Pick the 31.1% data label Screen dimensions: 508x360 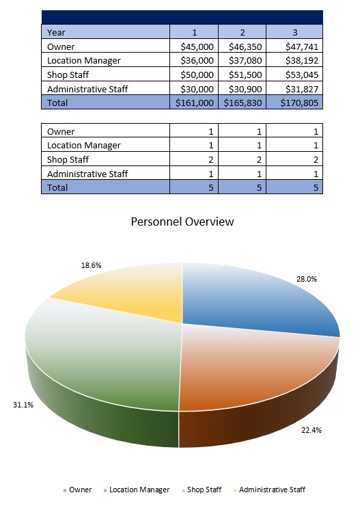point(24,405)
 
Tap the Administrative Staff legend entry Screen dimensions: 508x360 point(271,490)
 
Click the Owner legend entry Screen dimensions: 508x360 point(80,490)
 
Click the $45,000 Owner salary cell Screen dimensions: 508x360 point(195,46)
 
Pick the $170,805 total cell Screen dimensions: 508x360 point(294,103)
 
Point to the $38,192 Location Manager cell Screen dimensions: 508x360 point(294,60)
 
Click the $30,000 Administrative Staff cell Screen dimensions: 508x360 point(195,89)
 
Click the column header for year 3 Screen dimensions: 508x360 point(294,31)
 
